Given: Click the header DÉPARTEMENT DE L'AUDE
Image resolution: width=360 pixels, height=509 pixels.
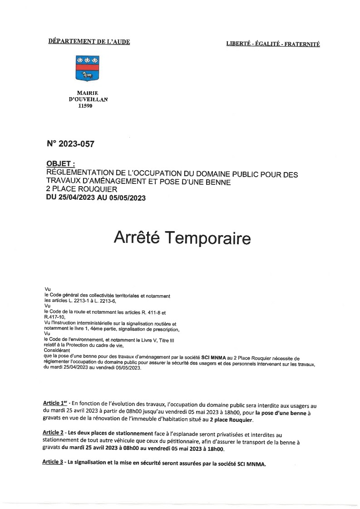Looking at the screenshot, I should tap(89, 42).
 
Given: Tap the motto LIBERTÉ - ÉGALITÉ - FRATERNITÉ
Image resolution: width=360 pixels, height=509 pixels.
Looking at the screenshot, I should tap(273, 44).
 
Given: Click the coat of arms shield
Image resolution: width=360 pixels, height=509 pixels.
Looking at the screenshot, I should tap(88, 68).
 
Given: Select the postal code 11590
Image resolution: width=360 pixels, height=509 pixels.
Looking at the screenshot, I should tap(85, 106).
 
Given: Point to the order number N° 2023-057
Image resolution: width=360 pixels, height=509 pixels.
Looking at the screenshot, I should tap(70, 144).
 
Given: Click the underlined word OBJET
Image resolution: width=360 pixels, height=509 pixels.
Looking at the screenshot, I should tap(60, 163).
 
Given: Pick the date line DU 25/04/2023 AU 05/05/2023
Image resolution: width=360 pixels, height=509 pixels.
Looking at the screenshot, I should tap(96, 197).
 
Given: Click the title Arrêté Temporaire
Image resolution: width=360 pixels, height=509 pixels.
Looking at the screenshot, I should tap(182, 237).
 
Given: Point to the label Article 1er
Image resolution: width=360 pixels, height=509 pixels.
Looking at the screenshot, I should tap(54, 403).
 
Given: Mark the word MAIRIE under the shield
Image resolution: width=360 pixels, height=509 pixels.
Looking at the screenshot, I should tap(88, 93).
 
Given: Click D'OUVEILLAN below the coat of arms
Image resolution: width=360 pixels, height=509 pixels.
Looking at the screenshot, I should tap(88, 99).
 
